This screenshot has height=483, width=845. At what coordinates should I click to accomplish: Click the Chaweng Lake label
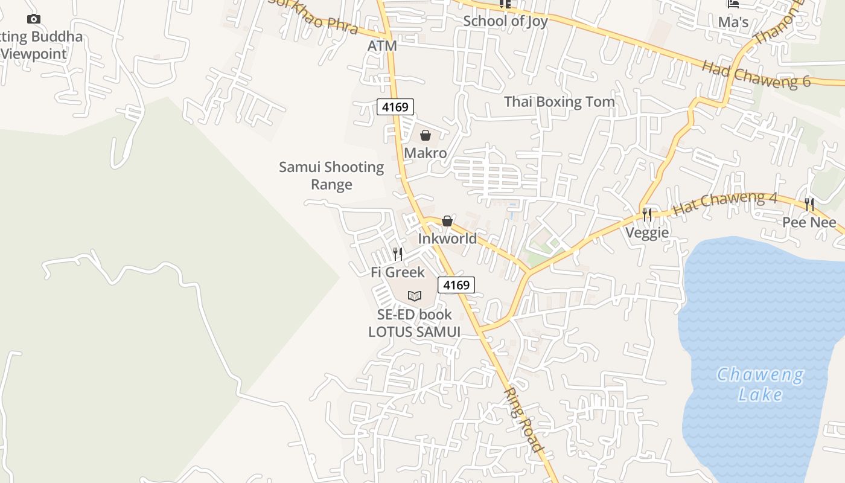coord(760,385)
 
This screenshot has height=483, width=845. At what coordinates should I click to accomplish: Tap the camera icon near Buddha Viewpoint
coord(34,19)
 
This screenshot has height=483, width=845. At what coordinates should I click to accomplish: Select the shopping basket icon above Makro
coord(426,135)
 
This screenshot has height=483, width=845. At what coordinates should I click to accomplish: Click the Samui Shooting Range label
coord(331,176)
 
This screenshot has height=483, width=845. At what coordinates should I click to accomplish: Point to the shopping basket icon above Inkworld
coord(447,221)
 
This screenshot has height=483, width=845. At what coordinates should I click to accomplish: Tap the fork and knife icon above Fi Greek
coord(398,254)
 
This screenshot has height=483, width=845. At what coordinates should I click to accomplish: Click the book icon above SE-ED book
coord(414,296)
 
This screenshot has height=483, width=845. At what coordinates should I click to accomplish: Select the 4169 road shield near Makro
coord(396,107)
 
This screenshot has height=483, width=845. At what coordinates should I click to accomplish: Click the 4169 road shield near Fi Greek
coord(456,285)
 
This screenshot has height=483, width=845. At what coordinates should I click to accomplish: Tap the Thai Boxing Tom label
coord(560,101)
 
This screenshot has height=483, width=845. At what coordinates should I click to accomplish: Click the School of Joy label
coord(505,21)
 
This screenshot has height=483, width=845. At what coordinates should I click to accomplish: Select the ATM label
coord(382,46)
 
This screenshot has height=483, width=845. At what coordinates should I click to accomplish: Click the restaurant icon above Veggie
coord(647,214)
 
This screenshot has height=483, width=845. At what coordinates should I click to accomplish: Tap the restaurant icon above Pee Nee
coord(809,205)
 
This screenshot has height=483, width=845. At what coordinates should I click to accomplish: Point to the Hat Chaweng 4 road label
coord(725,203)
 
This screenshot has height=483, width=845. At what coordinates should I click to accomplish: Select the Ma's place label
coord(733,22)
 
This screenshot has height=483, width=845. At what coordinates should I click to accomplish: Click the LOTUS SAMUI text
coord(415,332)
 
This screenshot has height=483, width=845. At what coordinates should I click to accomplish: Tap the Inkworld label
coord(447,238)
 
